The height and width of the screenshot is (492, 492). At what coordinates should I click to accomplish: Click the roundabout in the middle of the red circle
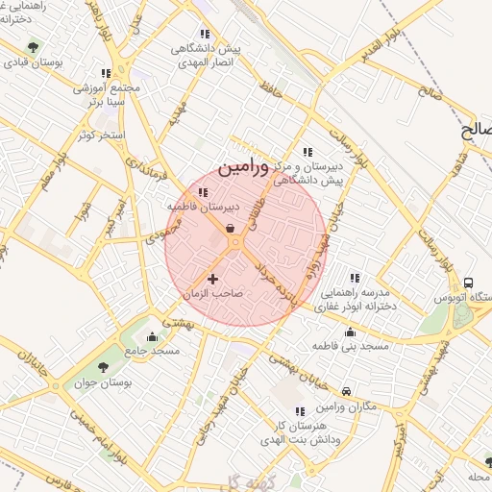235,245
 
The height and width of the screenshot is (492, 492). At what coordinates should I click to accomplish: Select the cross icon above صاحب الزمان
212,279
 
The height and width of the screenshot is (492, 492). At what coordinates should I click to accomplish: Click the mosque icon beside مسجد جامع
151,336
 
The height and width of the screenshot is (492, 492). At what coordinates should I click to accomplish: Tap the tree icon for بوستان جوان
104,368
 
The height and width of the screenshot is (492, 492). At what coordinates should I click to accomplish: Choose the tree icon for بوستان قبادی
35,45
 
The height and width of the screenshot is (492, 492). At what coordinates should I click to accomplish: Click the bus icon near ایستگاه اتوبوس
468,283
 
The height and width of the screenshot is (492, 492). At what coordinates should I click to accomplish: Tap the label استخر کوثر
106,135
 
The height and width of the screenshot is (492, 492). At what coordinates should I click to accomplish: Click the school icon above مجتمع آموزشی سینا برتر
106,72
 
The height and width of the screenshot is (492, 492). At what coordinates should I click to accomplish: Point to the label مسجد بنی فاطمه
351,345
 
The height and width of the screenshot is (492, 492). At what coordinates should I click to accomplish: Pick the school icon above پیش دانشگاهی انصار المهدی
203,33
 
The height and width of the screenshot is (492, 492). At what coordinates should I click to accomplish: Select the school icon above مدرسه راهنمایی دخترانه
355,278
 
